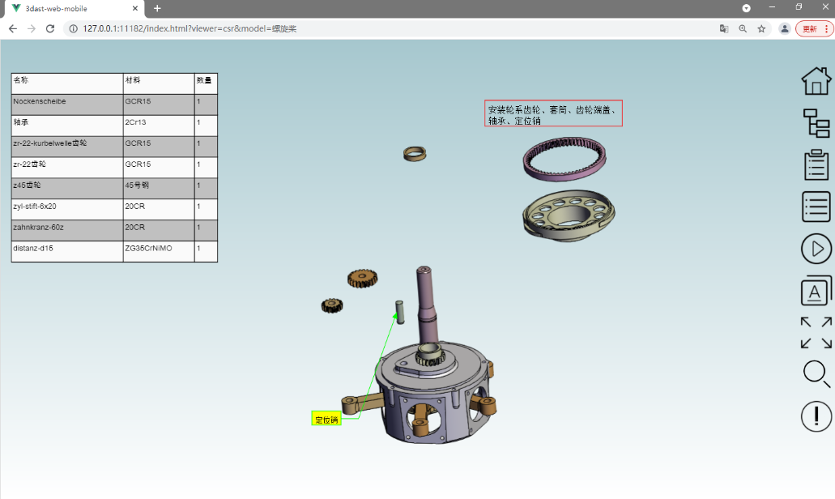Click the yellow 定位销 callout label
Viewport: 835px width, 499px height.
[x=326, y=419]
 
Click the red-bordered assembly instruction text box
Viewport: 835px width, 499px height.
[x=553, y=114]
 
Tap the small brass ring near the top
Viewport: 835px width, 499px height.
[x=415, y=153]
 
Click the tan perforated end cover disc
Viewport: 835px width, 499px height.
[x=568, y=214]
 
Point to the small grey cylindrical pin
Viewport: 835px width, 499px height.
[x=399, y=310]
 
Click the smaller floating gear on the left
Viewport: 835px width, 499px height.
[x=331, y=305]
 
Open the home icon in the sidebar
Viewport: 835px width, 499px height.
[x=816, y=80]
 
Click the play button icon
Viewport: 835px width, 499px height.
[x=816, y=249]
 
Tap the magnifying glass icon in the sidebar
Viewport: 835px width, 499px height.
[x=816, y=374]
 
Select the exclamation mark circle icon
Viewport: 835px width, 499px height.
[x=816, y=416]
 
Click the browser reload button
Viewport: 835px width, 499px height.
[x=50, y=28]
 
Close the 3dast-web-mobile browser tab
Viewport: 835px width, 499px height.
[x=135, y=8]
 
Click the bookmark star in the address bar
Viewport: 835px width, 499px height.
[x=761, y=28]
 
